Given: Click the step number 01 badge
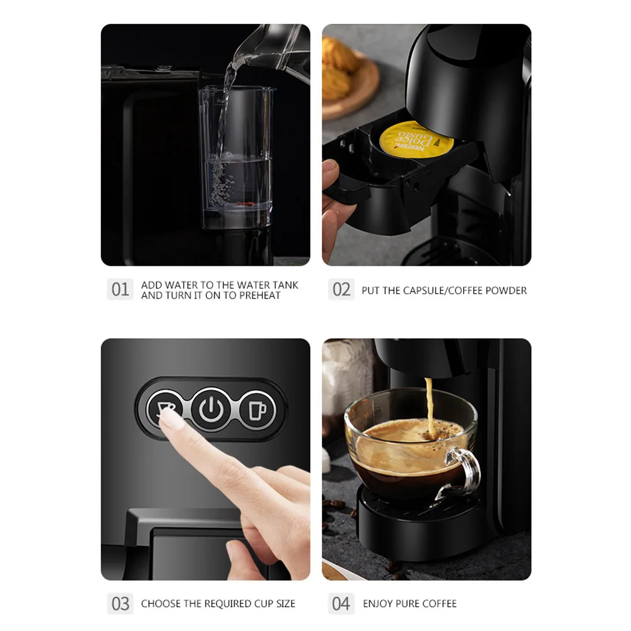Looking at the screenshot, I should [x=120, y=290].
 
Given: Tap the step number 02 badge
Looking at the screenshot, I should [x=341, y=290].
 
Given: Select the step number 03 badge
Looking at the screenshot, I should [x=120, y=603].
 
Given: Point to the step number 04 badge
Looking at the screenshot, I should [x=341, y=603].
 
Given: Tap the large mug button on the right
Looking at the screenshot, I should [x=258, y=410].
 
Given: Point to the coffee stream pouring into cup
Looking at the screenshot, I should [x=430, y=404].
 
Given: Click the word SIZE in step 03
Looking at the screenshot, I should [x=283, y=604].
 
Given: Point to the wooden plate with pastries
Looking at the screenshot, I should [x=350, y=79].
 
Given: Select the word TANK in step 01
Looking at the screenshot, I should [x=286, y=285].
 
